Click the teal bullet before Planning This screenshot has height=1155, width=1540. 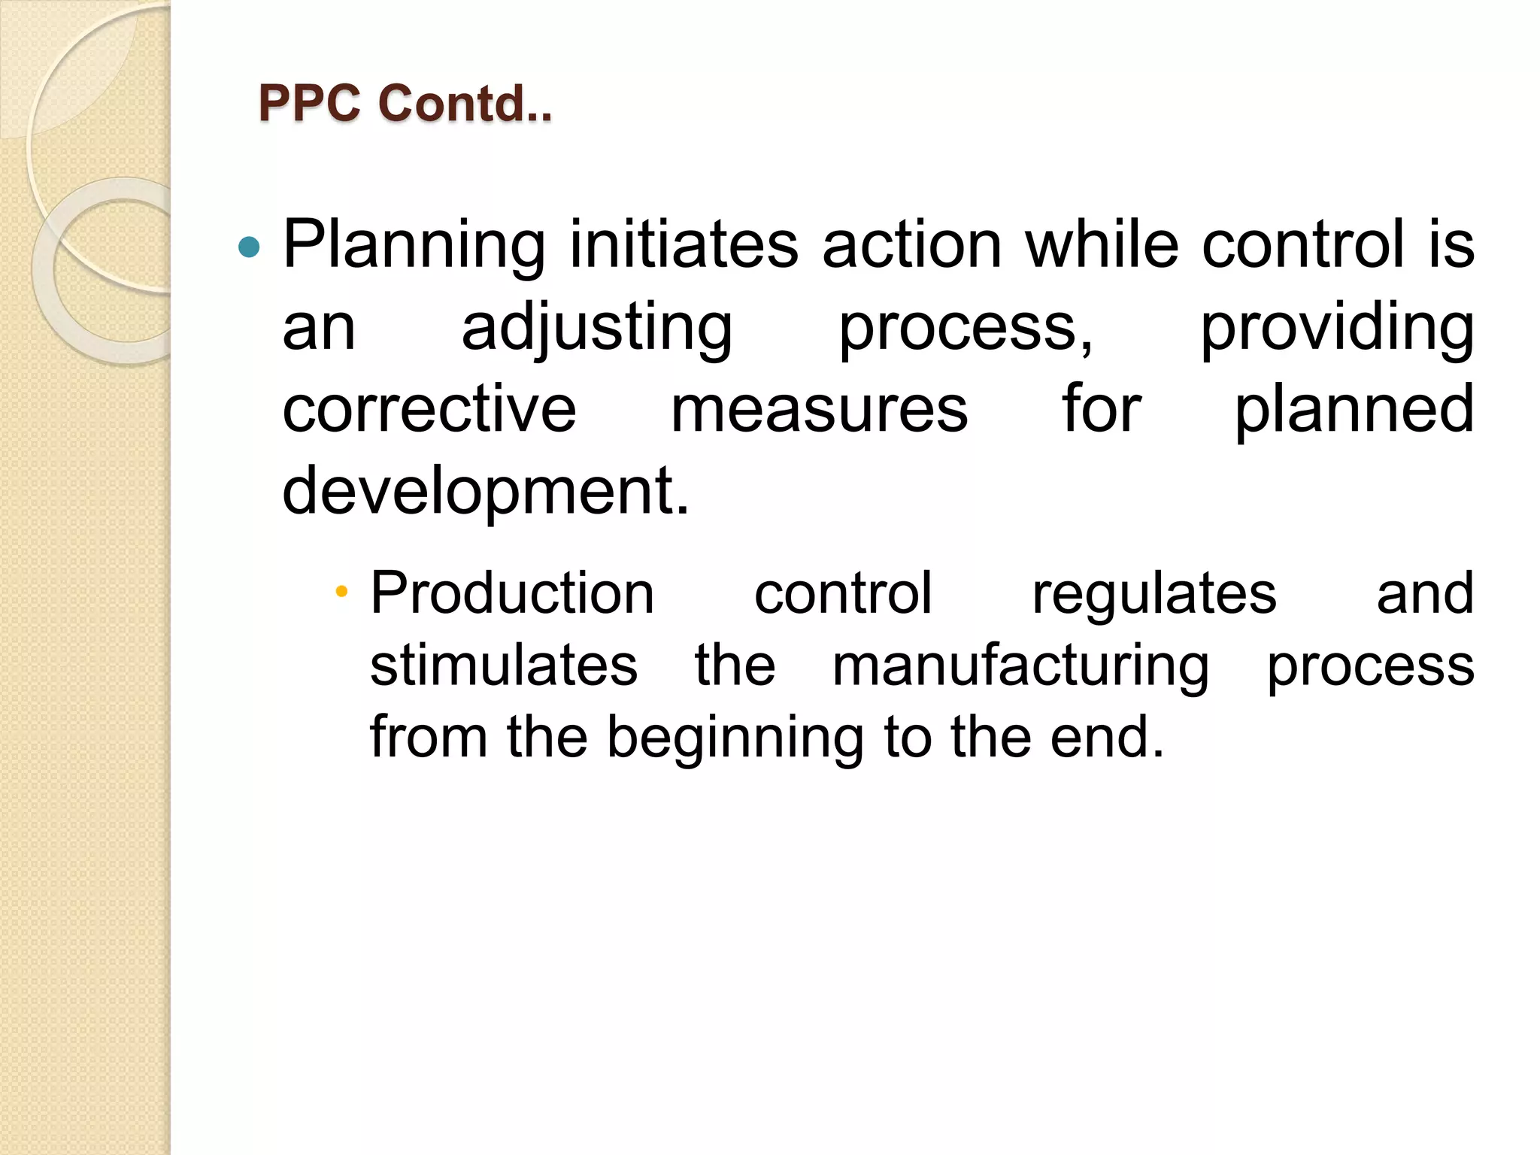248,247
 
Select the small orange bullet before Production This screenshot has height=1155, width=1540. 341,591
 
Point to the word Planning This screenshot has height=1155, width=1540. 414,244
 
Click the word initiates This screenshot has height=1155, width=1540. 684,244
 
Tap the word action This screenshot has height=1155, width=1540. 912,244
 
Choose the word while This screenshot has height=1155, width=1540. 1102,244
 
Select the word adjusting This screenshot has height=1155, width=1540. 597,327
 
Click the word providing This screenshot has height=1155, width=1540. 1336,327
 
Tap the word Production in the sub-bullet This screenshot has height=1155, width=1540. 512,593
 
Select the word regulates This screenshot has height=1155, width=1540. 1154,594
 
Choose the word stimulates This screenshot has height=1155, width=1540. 504,665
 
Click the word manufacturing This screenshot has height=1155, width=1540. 1020,666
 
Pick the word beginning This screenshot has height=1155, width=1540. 735,738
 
